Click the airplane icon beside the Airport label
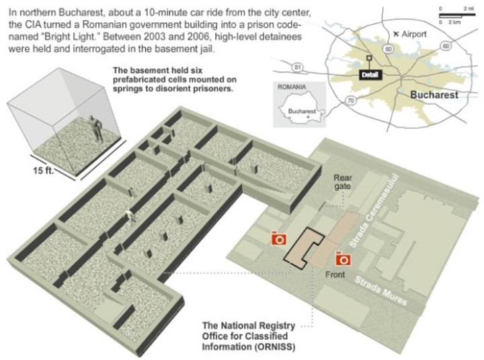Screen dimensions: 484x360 pyautogui.click(x=397, y=34)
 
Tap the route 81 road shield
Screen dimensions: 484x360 pyautogui.click(x=297, y=68)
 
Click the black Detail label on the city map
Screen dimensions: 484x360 pyautogui.click(x=370, y=75)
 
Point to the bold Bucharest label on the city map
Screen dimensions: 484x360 pyautogui.click(x=434, y=95)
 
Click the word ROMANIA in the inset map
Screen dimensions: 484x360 pyautogui.click(x=292, y=87)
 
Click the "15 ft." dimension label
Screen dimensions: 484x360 pyautogui.click(x=43, y=170)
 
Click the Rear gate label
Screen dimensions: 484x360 pyautogui.click(x=342, y=182)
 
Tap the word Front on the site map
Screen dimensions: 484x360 pyautogui.click(x=335, y=274)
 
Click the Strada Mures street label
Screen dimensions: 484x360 pyautogui.click(x=381, y=290)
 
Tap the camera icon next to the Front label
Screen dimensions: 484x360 pyautogui.click(x=344, y=259)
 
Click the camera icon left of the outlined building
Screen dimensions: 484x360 pyautogui.click(x=279, y=238)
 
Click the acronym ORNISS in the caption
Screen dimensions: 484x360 pyautogui.click(x=275, y=347)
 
